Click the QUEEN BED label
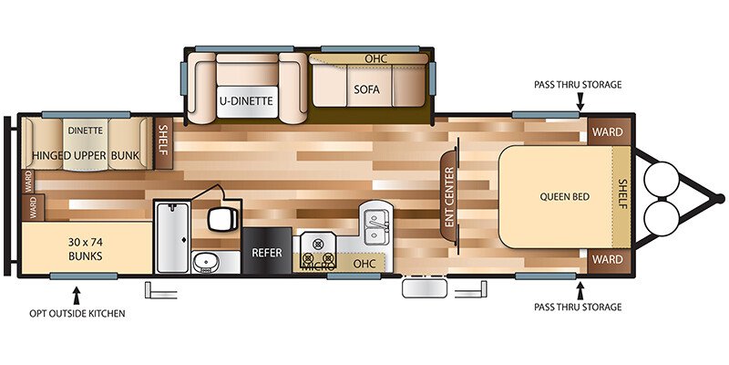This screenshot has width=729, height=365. tap(561, 195)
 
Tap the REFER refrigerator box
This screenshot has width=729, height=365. tap(267, 252)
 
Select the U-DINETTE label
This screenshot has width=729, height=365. tap(246, 100)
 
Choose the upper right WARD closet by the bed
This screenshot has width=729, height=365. tap(607, 132)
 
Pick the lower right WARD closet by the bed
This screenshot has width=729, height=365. tap(607, 259)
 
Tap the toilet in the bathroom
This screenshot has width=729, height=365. tap(221, 220)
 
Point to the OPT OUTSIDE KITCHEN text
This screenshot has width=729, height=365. tap(77, 313)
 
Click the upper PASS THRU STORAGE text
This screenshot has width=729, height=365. tap(578, 85)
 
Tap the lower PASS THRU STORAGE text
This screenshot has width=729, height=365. tap(578, 308)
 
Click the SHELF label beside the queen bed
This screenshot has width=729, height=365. tap(623, 194)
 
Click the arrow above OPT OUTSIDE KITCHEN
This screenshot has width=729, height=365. tap(77, 294)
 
